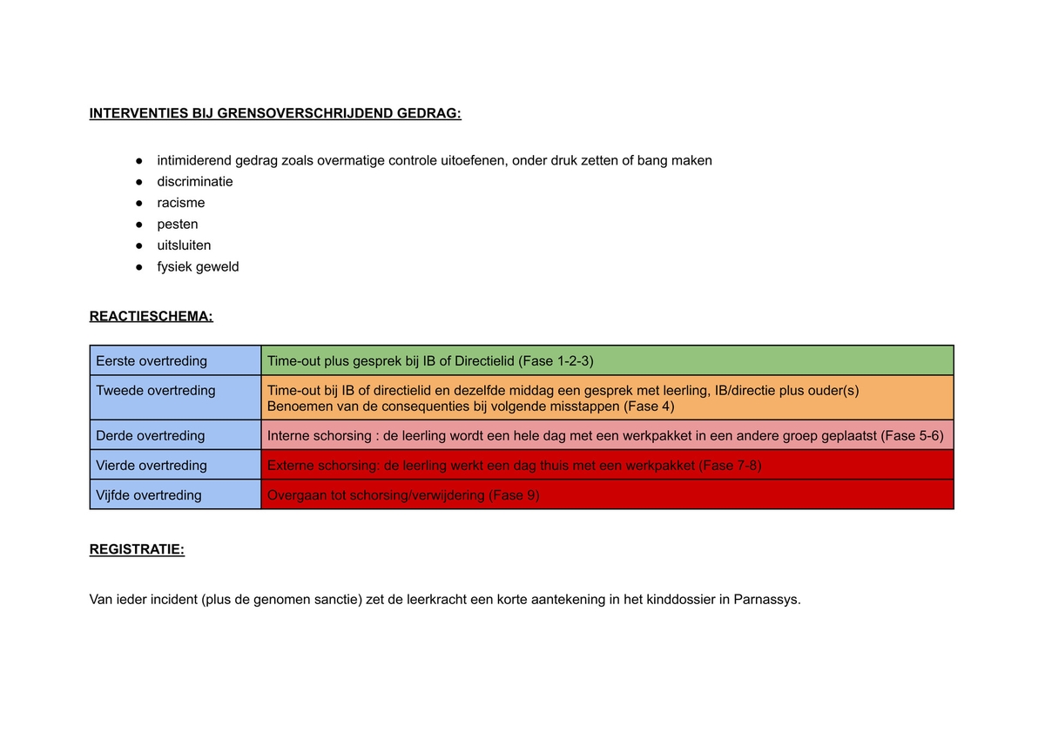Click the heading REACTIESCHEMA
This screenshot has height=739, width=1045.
point(151,316)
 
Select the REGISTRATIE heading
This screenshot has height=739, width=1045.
point(137,549)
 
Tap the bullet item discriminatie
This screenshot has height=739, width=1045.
point(195,182)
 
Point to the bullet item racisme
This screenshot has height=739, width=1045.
point(181,203)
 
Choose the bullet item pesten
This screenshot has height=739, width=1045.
point(178,225)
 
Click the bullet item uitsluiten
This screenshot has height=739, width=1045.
point(184,245)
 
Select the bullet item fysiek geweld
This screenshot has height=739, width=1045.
point(198,266)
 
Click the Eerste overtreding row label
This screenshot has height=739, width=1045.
point(152,360)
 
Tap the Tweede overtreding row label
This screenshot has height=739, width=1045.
point(155,390)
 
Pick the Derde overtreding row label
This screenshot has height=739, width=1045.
point(150,435)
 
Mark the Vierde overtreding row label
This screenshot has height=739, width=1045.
point(152,465)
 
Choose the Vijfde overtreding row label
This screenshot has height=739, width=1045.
point(148,494)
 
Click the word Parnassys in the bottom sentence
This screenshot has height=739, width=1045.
point(766,600)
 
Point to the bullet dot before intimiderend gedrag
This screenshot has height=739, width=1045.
point(138,161)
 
